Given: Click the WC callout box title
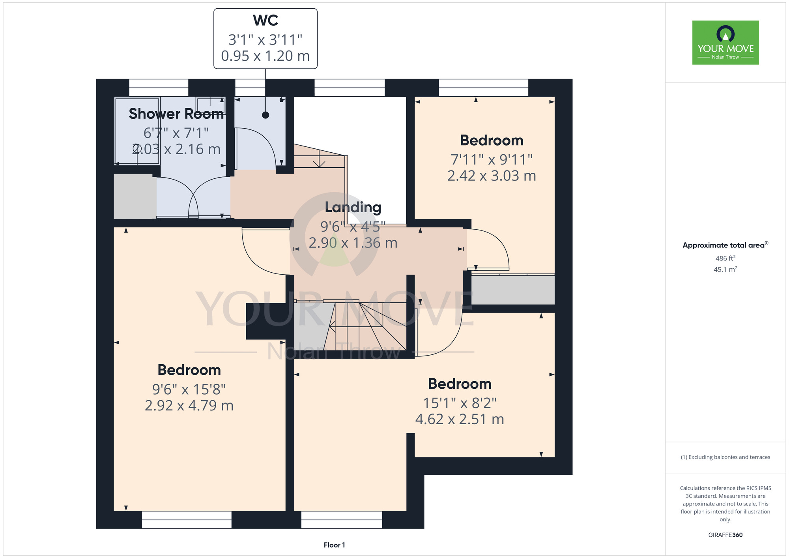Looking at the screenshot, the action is (265, 21).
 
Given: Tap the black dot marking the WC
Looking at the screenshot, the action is (265, 115).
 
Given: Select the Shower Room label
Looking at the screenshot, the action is (176, 114).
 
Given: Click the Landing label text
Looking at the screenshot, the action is (353, 208).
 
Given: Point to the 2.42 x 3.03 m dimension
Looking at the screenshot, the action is (492, 176).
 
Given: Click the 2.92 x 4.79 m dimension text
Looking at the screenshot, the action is (189, 405).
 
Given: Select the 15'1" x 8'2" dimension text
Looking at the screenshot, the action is (460, 403).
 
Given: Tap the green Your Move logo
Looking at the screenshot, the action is (725, 43).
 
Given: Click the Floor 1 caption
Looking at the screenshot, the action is (334, 545).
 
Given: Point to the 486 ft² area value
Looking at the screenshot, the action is (725, 258).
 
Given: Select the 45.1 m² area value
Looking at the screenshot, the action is (725, 270).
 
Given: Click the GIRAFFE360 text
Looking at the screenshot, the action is (725, 535).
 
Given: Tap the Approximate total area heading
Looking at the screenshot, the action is (725, 245).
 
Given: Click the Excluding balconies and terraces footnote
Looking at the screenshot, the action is (725, 457).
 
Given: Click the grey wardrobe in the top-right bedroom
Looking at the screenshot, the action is (513, 290).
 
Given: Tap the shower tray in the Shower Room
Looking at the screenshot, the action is (137, 131).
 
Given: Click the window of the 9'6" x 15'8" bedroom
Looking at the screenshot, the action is (187, 520).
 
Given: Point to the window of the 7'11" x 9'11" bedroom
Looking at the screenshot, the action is (483, 88).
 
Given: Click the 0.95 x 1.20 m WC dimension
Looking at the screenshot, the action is (265, 56).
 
